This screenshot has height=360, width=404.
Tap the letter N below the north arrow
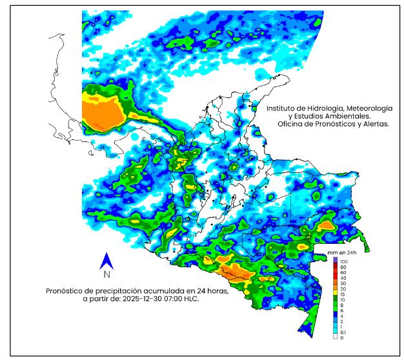coord(107,274)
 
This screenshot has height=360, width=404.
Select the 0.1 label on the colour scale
coord(344,331)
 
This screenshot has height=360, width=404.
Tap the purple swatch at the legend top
coord(334,259)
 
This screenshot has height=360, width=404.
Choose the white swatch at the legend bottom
coord(334,337)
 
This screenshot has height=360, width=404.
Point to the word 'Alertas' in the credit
coord(374,124)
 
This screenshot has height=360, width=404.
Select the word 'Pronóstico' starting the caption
coord(68,291)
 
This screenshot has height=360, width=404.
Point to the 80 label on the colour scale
coord(343,266)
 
